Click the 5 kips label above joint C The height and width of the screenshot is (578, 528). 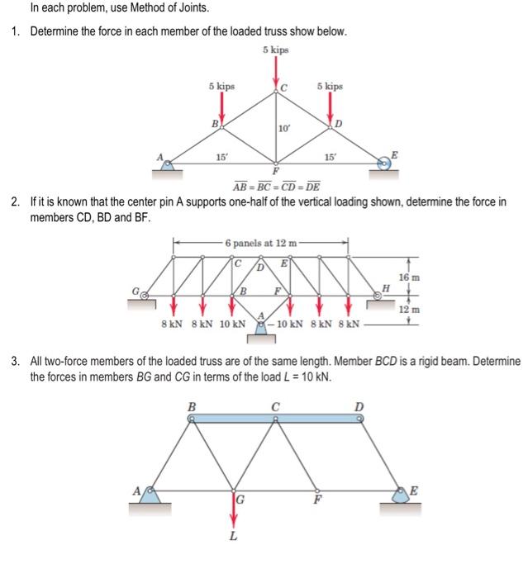[276, 50]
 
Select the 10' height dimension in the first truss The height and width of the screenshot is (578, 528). [283, 128]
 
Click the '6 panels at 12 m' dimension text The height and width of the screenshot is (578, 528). [260, 243]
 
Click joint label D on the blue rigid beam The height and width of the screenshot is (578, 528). [359, 405]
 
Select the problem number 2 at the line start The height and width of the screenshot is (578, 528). [15, 201]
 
